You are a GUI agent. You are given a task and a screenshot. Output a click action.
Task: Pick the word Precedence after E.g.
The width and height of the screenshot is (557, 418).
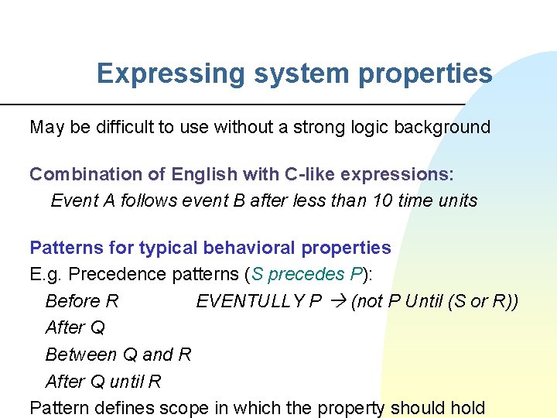(114, 274)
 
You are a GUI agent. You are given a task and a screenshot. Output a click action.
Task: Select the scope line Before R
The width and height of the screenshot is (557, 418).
(82, 301)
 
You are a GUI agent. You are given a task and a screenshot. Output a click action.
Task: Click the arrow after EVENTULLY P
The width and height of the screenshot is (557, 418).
(337, 301)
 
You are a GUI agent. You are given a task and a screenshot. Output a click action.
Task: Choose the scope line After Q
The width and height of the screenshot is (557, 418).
(75, 327)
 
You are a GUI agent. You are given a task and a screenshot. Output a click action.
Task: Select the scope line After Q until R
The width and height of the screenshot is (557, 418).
(103, 382)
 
